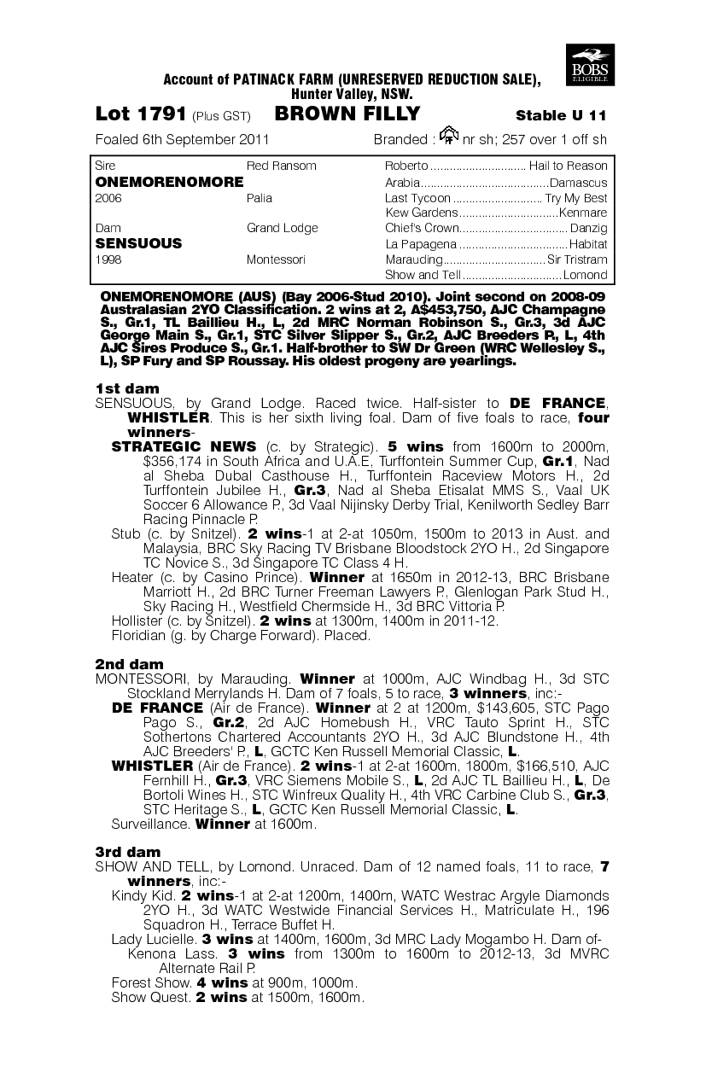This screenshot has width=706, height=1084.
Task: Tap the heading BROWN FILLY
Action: (x=347, y=114)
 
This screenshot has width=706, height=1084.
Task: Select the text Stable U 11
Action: (x=562, y=116)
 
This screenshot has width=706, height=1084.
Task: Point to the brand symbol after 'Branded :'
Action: (x=448, y=135)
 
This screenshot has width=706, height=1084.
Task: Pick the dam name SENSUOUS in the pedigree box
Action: (x=138, y=243)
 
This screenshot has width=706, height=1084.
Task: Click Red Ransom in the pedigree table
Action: (x=281, y=166)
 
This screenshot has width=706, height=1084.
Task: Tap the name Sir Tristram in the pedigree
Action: (x=578, y=259)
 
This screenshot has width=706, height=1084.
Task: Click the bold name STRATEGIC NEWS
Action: (x=184, y=446)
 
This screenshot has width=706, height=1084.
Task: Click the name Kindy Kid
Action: (x=143, y=895)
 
